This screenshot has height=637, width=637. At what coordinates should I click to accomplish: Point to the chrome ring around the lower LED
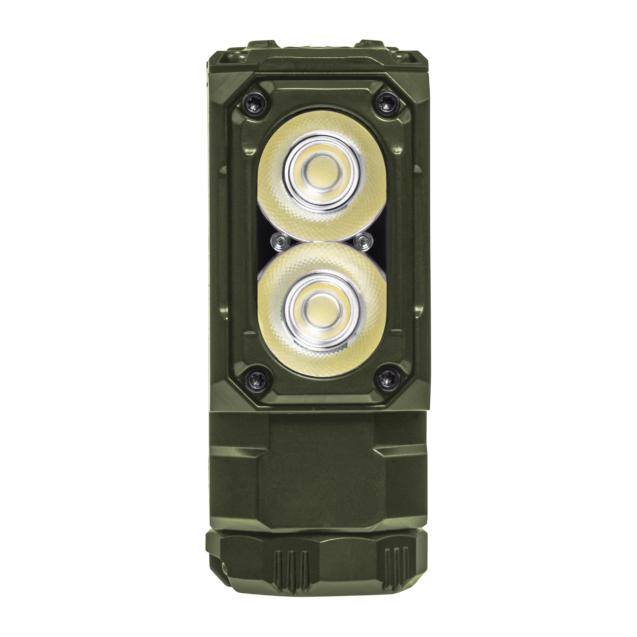(290, 310)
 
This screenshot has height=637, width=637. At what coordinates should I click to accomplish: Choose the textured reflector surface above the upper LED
(322, 127)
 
